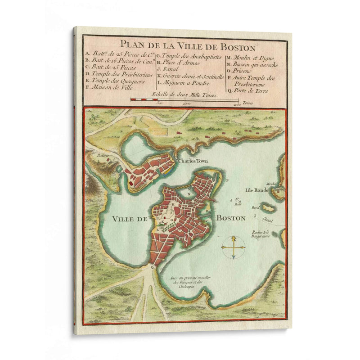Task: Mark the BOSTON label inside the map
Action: click(231, 218)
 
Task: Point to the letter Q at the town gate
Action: click(152, 266)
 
